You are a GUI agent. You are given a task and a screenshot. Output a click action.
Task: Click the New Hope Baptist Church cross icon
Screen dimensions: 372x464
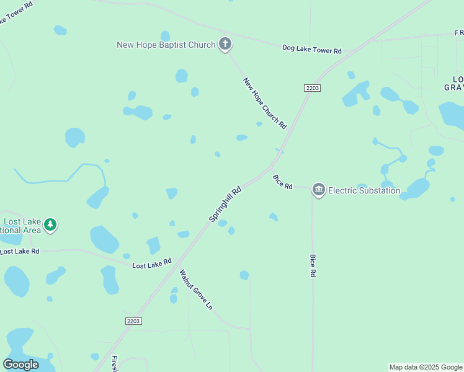pyautogui.click(x=225, y=45)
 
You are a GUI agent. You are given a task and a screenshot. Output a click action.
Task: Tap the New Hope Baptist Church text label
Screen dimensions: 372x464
pyautogui.click(x=166, y=45)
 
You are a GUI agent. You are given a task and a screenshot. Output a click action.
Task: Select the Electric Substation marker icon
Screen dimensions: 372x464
pyautogui.click(x=319, y=190)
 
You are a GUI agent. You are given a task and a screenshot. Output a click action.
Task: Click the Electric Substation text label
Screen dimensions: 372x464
pyautogui.click(x=364, y=190)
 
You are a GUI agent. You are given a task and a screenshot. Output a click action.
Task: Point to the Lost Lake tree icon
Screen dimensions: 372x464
pyautogui.click(x=51, y=225)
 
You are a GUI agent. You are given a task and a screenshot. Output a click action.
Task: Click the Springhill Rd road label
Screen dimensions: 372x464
pyautogui.click(x=225, y=205)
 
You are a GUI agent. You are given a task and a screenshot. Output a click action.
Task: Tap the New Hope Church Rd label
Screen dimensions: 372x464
pyautogui.click(x=265, y=103)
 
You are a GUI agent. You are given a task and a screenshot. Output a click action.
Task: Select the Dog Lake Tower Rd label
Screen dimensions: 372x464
pyautogui.click(x=311, y=48)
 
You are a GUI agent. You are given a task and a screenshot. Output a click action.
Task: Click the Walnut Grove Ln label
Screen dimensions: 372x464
pyautogui.click(x=196, y=290)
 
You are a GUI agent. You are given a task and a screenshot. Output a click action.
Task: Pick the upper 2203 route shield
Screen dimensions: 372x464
pyautogui.click(x=313, y=88)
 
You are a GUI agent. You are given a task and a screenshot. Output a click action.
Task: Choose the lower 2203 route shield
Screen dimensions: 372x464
pyautogui.click(x=133, y=321)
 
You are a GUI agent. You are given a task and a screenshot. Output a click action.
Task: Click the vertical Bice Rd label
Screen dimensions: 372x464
pyautogui.click(x=313, y=265)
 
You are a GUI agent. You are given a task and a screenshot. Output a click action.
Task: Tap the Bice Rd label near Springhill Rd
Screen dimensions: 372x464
pyautogui.click(x=282, y=182)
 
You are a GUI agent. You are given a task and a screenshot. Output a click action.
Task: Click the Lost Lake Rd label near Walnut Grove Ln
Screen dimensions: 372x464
pyautogui.click(x=152, y=263)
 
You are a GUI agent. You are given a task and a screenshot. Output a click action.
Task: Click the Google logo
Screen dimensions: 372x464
pyautogui.click(x=20, y=365)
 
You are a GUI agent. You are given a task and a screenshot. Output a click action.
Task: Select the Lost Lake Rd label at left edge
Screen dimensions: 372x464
pyautogui.click(x=19, y=251)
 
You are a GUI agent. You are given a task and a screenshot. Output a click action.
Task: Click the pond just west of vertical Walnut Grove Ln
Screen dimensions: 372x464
pyautogui.click(x=174, y=294)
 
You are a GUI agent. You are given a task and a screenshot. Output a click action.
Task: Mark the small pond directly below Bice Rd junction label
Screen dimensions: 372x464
pyautogui.click(x=273, y=216)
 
